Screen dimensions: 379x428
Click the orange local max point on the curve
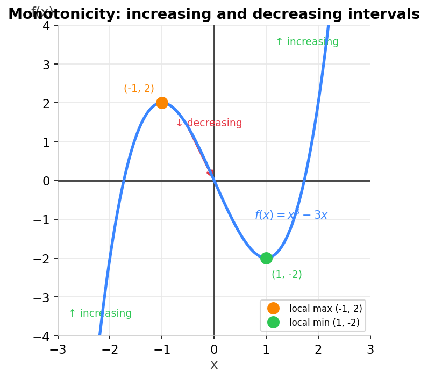pyautogui.click(x=162, y=103)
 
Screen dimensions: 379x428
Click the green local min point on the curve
pyautogui.click(x=266, y=258)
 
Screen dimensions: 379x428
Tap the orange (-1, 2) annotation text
pyautogui.click(x=139, y=89)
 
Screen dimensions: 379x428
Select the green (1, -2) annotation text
pyautogui.click(x=287, y=275)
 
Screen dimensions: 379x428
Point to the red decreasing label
pyautogui.click(x=209, y=123)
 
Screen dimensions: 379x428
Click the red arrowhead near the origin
pyautogui.click(x=210, y=173)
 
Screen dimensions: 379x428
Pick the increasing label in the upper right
pyautogui.click(x=307, y=42)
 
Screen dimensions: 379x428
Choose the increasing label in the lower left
pyautogui.click(x=100, y=313)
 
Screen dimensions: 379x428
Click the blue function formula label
pyautogui.click(x=291, y=215)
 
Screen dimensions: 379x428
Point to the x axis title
pyautogui.click(x=214, y=365)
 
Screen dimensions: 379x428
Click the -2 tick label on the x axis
pyautogui.click(x=110, y=350)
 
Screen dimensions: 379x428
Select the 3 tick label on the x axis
pyautogui.click(x=370, y=350)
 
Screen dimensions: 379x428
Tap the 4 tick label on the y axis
pyautogui.click(x=46, y=25)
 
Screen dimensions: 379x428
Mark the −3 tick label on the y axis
pyautogui.click(x=42, y=297)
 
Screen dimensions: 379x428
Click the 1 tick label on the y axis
pyautogui.click(x=46, y=142)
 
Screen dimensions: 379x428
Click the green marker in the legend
pyautogui.click(x=273, y=323)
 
